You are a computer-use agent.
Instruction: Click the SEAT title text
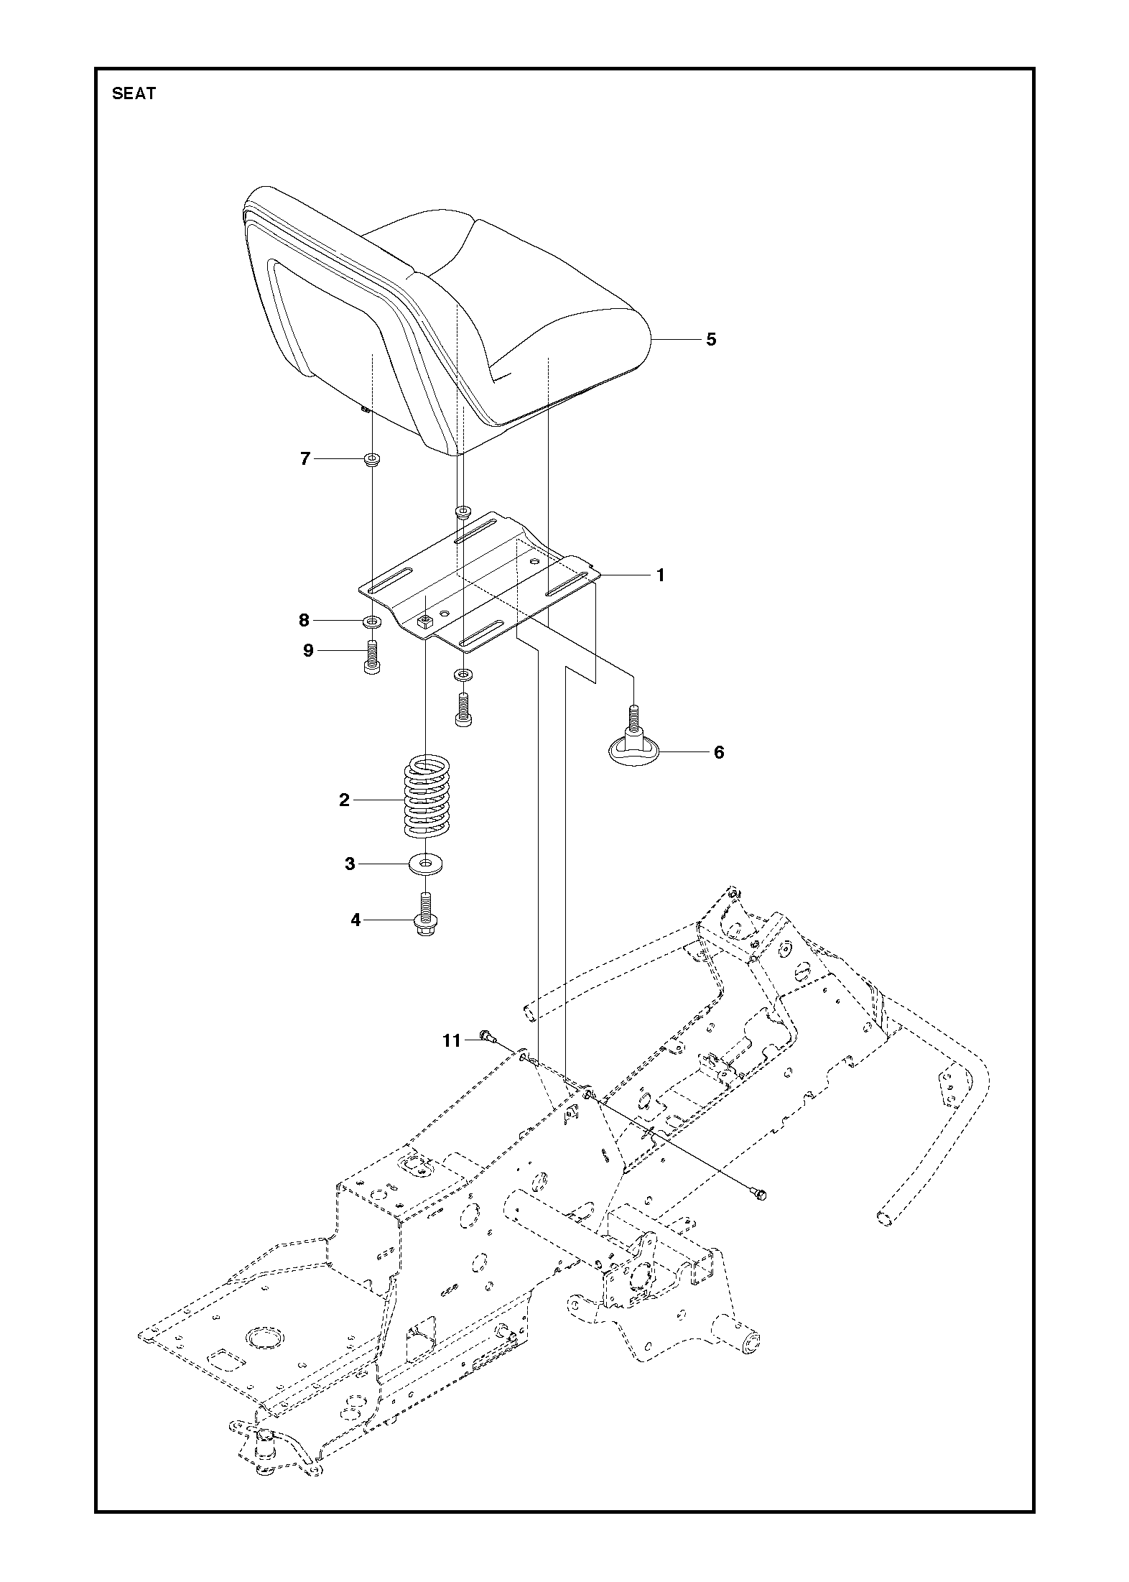134,93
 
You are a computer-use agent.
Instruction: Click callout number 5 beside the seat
711,339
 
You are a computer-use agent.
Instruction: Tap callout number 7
305,458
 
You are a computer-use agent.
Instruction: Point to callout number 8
304,620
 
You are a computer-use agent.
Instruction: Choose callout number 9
308,651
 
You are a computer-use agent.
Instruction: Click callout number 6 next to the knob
719,752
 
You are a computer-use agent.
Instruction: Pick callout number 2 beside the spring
345,800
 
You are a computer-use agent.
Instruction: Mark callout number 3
350,864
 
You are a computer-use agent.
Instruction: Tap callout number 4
356,920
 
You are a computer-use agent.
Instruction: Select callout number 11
451,1040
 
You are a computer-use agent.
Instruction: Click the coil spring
429,797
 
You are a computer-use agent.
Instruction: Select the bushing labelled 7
372,460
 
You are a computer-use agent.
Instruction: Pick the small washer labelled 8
372,620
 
